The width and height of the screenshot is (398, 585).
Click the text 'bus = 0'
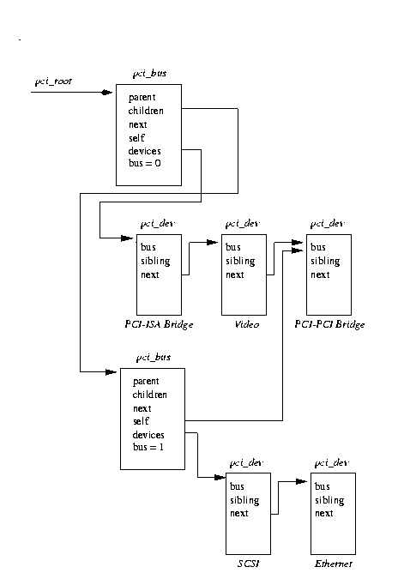pyautogui.click(x=144, y=165)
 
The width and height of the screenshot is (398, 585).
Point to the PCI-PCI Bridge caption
pyautogui.click(x=329, y=325)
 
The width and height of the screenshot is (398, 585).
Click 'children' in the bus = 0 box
pyautogui.click(x=146, y=111)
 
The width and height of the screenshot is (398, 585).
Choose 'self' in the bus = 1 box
pyautogui.click(x=141, y=423)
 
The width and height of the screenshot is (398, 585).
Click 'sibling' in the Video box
pyautogui.click(x=239, y=262)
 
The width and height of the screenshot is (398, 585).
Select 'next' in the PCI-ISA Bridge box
pyautogui.click(x=150, y=275)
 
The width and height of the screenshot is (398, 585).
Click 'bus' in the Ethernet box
pyautogui.click(x=322, y=486)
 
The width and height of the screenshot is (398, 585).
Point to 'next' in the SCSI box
pyautogui.click(x=239, y=514)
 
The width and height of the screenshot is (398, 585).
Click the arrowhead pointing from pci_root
pyautogui.click(x=107, y=92)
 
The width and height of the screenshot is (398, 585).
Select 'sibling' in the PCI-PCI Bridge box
pyautogui.click(x=325, y=262)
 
